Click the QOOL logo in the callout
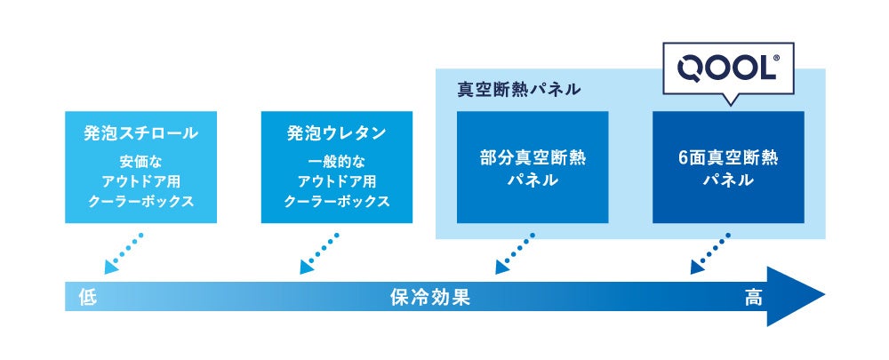pyautogui.click(x=725, y=68)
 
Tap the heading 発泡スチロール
pyautogui.click(x=140, y=134)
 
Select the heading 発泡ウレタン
pyautogui.click(x=336, y=134)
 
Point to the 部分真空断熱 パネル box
pyautogui.click(x=532, y=167)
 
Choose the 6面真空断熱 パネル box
pyautogui.click(x=727, y=167)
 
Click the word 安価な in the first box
pyautogui.click(x=140, y=163)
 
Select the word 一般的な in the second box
pyautogui.click(x=336, y=163)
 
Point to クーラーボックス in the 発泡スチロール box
pyautogui.click(x=140, y=202)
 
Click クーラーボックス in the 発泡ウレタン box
pyautogui.click(x=336, y=202)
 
